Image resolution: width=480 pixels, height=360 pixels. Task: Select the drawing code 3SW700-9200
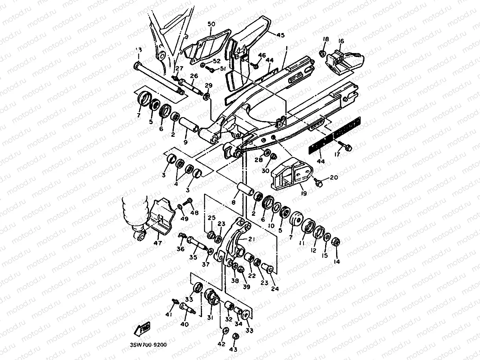tap(148, 345)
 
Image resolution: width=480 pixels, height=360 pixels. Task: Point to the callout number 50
tap(211, 24)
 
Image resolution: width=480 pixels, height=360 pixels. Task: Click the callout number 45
tap(280, 35)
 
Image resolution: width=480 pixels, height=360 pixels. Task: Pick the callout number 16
tap(340, 41)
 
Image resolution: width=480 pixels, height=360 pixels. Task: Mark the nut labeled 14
tap(337, 241)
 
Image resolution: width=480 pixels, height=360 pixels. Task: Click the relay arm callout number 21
tap(251, 239)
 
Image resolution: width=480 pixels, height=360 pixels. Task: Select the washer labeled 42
tap(224, 331)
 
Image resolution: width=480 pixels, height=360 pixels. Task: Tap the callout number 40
tap(184, 325)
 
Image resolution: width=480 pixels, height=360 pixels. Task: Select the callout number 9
tap(186, 142)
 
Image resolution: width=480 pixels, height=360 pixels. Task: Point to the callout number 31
tap(210, 318)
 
